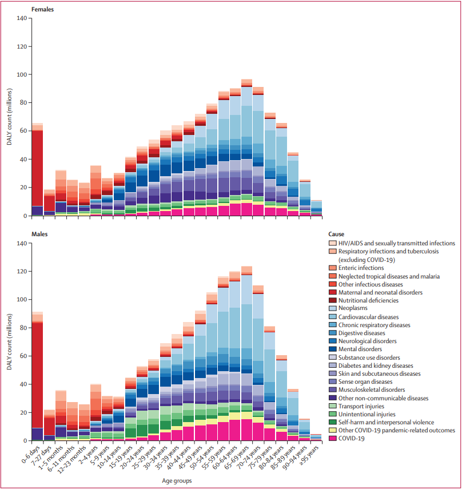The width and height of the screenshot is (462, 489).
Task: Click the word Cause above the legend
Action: tap(337, 234)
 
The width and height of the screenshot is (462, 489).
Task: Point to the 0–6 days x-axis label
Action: tap(30, 454)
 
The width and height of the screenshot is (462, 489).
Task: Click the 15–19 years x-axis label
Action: tap(122, 456)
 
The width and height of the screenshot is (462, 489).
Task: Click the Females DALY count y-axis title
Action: tap(10, 117)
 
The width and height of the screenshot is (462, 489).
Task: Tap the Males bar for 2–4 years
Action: tap(95, 412)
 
